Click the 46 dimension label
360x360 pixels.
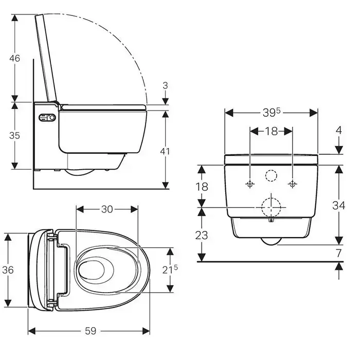15,58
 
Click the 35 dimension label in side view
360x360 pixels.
14,135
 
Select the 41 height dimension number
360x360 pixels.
165,151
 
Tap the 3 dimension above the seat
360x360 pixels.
165,85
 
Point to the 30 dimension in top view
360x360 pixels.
107,209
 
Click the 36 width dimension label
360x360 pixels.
8,270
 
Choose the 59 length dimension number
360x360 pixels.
91,331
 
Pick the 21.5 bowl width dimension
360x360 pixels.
170,269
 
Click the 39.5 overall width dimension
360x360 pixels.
272,112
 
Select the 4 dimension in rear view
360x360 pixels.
339,131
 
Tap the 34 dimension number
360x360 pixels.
338,205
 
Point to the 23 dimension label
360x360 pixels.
202,235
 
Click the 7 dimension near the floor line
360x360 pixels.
339,253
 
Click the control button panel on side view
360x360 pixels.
47,118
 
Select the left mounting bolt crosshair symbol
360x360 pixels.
250,184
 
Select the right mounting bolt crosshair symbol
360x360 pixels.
292,184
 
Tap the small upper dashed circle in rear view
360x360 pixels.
271,176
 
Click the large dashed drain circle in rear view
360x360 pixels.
271,207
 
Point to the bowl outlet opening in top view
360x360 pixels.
96,270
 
